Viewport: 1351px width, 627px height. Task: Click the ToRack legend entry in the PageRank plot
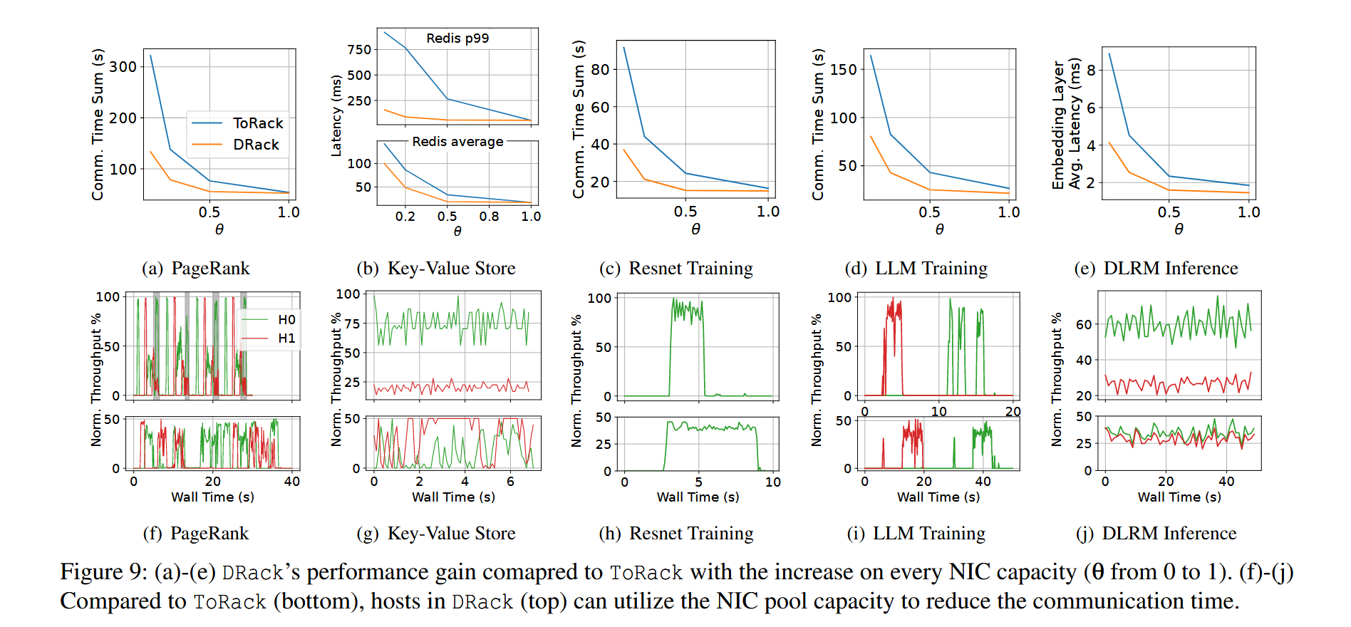tap(257, 123)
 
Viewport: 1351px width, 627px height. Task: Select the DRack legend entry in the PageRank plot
tap(256, 145)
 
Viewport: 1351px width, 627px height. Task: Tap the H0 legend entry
tap(286, 320)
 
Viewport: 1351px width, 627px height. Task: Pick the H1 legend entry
tap(286, 338)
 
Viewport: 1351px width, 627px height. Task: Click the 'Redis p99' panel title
tap(457, 38)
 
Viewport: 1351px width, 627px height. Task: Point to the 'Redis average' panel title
tap(457, 142)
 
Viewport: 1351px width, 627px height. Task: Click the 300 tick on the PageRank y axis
tap(123, 67)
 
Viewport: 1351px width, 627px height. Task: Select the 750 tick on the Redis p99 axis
tap(359, 50)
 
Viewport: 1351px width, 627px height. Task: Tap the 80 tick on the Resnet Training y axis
tap(600, 70)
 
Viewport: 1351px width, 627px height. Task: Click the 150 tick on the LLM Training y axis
tap(843, 70)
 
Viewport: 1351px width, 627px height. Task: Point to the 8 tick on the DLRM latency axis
tap(1091, 71)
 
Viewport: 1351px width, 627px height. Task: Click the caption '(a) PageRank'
tap(196, 269)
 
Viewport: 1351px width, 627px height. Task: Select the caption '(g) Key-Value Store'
tap(436, 534)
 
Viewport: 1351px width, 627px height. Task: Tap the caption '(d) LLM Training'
tap(916, 269)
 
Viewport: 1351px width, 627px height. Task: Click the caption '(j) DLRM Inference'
tap(1156, 534)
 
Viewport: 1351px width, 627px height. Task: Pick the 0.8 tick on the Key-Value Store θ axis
tap(489, 217)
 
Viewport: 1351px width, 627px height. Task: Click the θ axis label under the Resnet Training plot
tap(695, 229)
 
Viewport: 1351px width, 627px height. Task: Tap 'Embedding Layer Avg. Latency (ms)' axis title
tap(1066, 125)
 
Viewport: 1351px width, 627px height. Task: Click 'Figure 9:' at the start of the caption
tap(103, 572)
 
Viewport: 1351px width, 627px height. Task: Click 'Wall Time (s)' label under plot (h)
tap(698, 497)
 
